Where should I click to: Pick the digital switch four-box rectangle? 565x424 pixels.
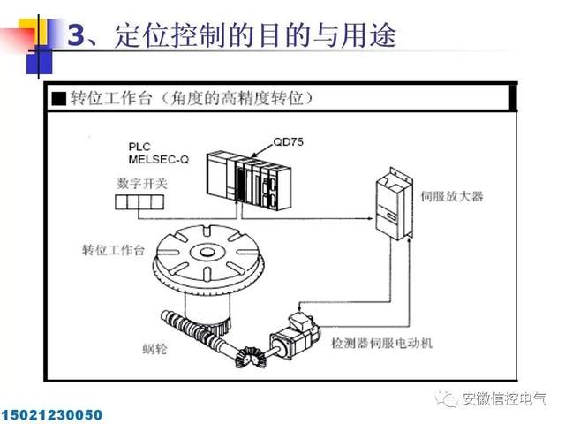click(139, 204)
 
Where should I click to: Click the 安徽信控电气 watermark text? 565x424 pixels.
click(504, 399)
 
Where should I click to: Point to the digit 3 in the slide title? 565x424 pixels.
click(76, 35)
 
